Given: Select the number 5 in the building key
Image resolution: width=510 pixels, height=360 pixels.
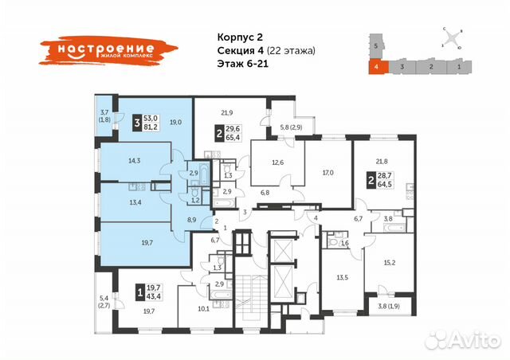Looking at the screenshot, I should tap(375, 48).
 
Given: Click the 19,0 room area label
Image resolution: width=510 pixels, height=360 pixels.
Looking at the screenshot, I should tap(176, 122).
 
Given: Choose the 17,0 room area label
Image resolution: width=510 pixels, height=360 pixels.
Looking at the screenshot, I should tap(328, 171).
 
